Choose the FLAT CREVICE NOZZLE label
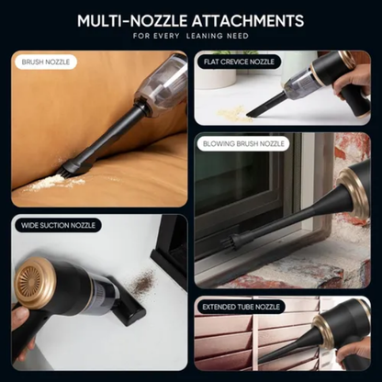[240, 62]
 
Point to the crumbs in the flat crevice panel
[234, 113]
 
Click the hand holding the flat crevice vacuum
[353, 83]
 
